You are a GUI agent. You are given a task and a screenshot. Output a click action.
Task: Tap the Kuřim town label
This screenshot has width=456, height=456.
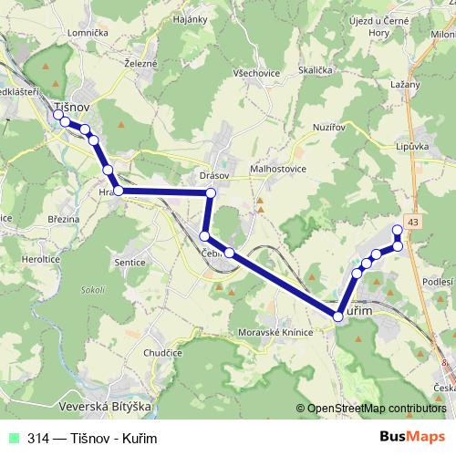click(x=365, y=311)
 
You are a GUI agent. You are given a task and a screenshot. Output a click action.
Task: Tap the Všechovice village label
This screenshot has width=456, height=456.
click(x=256, y=72)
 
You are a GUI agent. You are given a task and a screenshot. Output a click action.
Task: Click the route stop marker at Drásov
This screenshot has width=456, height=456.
click(x=211, y=193)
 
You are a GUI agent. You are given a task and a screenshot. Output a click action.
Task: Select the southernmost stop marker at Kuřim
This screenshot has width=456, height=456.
click(x=338, y=316)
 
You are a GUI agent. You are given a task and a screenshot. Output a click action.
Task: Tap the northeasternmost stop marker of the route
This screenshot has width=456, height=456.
click(x=397, y=229)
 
